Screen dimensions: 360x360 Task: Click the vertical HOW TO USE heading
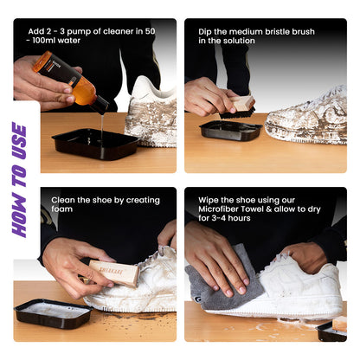pos(18,179)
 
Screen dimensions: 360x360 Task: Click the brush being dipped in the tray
pos(238,106)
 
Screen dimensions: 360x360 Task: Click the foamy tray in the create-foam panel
pos(55,312)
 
